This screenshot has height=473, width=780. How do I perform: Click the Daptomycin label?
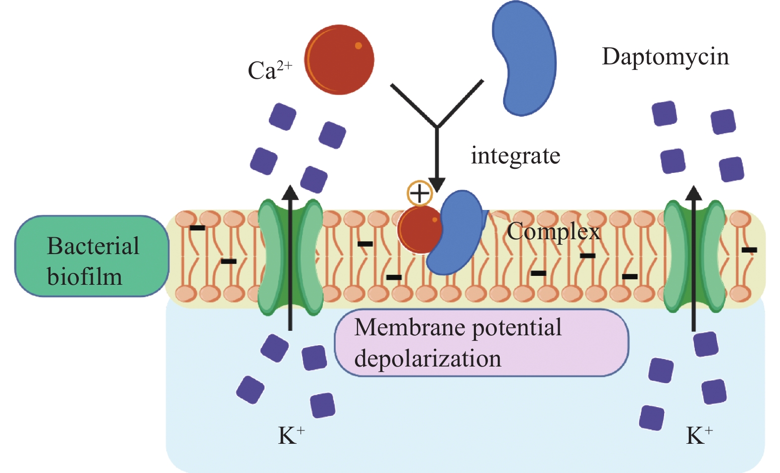click(x=665, y=56)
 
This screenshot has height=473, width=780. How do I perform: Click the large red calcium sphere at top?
click(x=339, y=59)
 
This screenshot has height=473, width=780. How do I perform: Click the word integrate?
click(x=515, y=156)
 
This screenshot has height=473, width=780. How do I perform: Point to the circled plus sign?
click(x=419, y=193)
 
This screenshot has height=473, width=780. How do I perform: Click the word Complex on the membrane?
click(x=553, y=231)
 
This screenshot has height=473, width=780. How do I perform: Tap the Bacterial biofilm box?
click(x=92, y=256)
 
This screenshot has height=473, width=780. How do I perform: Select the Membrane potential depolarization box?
click(x=481, y=343)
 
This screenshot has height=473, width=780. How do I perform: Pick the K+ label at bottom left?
click(x=291, y=435)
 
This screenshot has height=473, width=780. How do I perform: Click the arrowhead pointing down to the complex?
click(x=437, y=185)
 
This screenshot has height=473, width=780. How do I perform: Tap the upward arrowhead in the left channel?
click(x=290, y=193)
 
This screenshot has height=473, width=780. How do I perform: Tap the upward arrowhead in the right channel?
click(x=694, y=193)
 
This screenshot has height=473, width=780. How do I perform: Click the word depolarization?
click(x=428, y=358)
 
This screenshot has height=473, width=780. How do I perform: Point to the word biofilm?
click(x=85, y=276)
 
